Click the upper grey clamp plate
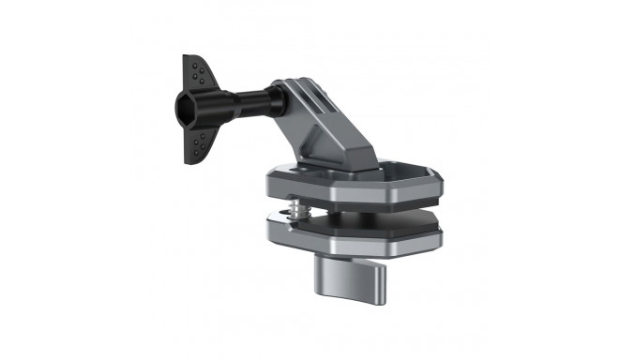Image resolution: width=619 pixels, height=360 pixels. (x=338, y=192)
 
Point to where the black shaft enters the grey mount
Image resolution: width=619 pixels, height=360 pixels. (x=277, y=97)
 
